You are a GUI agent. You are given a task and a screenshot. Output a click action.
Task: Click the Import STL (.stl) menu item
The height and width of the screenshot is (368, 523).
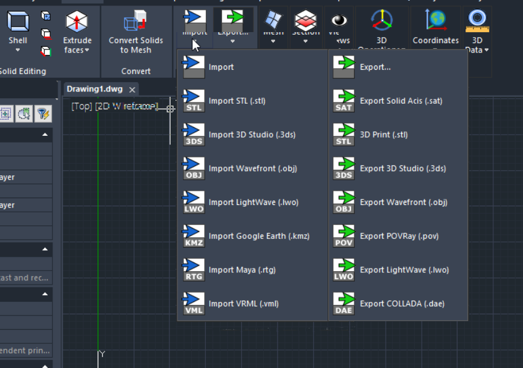(x=237, y=101)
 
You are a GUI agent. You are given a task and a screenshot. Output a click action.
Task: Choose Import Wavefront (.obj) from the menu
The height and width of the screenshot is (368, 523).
(x=252, y=169)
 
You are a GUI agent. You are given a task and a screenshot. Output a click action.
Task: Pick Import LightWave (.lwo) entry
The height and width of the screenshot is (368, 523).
(x=252, y=203)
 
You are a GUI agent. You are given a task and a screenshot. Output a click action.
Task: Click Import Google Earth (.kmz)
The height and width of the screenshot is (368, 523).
(x=258, y=236)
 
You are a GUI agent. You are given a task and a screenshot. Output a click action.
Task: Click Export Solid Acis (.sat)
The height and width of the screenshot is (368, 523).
(x=401, y=101)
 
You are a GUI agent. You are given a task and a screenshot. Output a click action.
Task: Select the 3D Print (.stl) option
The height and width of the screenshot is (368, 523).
(x=383, y=135)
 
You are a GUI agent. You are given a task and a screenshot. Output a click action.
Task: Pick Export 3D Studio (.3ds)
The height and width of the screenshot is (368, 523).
(x=402, y=169)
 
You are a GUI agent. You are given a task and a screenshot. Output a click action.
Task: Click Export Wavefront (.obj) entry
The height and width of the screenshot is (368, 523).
(x=403, y=203)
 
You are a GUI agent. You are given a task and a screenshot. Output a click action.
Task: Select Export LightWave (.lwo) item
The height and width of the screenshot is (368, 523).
(x=404, y=270)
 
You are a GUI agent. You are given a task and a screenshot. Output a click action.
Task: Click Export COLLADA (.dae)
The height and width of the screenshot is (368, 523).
(x=402, y=304)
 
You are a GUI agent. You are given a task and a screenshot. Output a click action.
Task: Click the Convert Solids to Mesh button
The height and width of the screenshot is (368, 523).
(x=136, y=34)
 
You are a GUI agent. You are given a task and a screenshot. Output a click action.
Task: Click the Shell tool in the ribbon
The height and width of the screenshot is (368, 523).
(x=18, y=31)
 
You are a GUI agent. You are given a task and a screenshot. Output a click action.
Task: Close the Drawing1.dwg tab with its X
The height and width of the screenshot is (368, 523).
(x=132, y=90)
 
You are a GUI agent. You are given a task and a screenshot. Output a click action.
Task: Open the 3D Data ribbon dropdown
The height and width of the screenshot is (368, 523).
(x=477, y=34)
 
